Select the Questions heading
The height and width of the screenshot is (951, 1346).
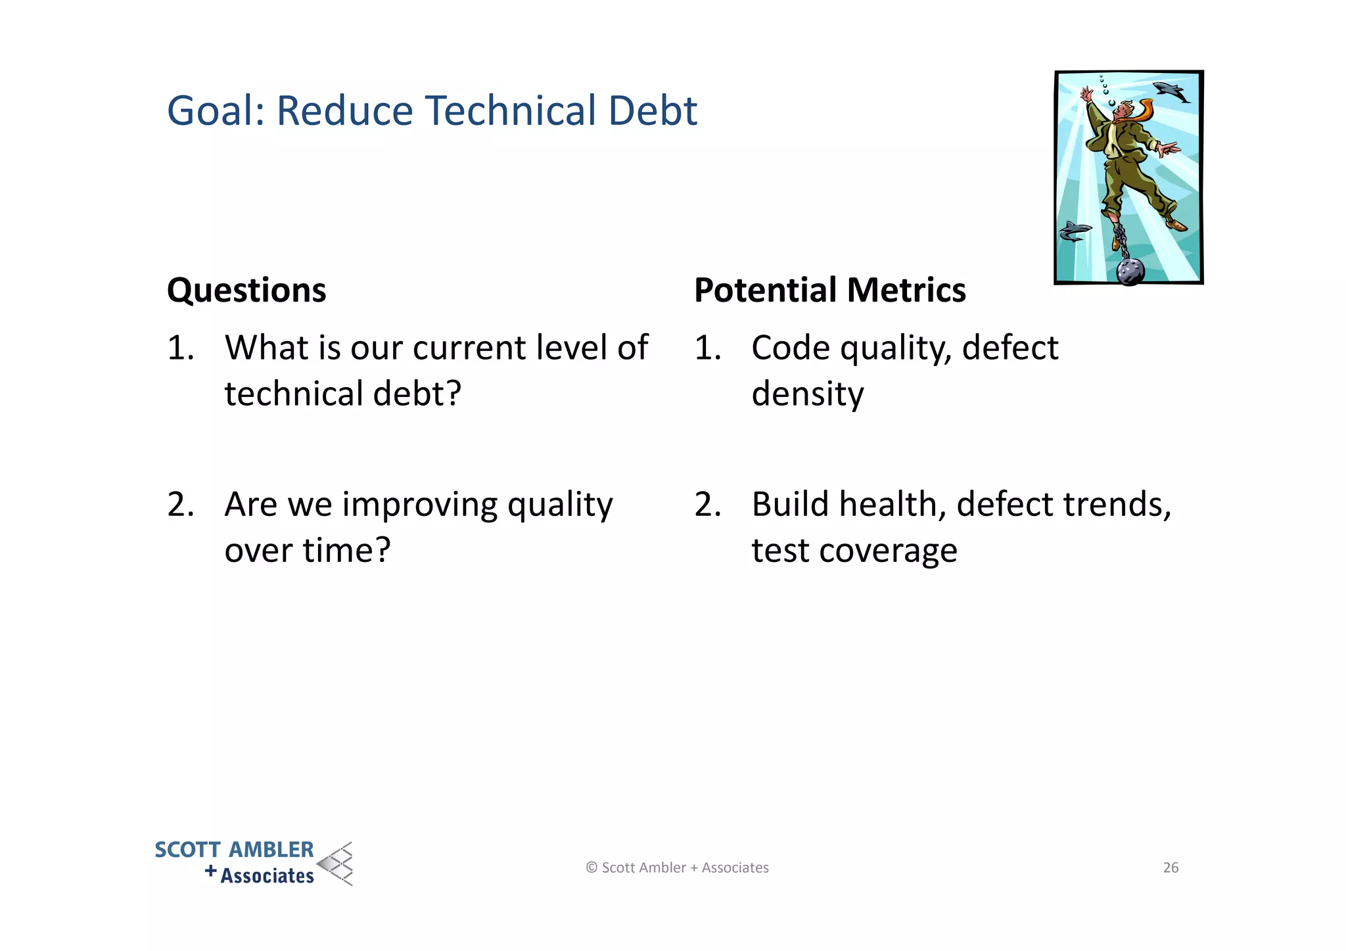coord(246,290)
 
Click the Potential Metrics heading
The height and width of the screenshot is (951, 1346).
coord(829,290)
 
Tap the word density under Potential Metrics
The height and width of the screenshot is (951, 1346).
coord(807,394)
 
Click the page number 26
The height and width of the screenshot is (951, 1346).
coord(1171,868)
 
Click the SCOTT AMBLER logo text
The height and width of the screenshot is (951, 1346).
coord(234,850)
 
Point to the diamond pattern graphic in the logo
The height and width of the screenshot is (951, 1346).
coord(336,864)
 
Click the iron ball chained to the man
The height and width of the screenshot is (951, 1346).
coord(1130,271)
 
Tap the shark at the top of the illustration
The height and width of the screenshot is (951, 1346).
coord(1171,91)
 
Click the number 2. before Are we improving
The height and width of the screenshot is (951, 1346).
coord(180,505)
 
